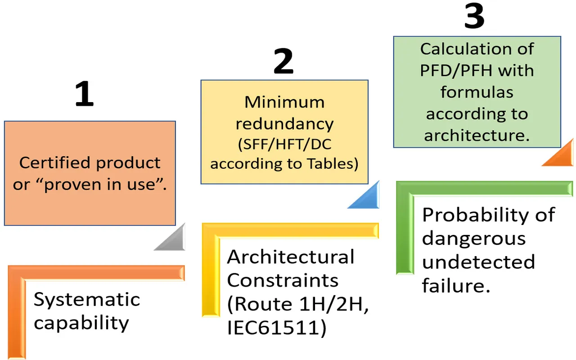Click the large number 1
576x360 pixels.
tap(85, 95)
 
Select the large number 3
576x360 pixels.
tap(474, 17)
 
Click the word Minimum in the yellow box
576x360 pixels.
tap(284, 102)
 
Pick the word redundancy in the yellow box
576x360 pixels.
tap(284, 123)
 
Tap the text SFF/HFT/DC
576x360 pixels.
tap(284, 145)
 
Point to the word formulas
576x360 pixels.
tap(477, 92)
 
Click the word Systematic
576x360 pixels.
tap(87, 300)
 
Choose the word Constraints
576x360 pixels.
tap(283, 280)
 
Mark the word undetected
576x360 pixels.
tap(478, 262)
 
